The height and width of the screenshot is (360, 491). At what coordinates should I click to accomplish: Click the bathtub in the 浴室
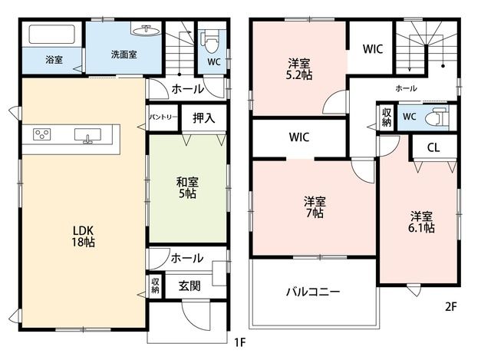tap(52, 35)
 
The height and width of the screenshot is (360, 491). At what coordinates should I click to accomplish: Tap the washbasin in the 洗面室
tap(146, 30)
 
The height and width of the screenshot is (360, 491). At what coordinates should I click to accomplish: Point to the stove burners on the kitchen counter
tap(42, 134)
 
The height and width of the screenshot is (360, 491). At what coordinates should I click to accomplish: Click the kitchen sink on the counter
tap(87, 135)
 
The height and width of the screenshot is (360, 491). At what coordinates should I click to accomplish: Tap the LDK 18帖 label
tap(84, 236)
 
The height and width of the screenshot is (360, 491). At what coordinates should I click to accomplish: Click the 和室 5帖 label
tap(187, 188)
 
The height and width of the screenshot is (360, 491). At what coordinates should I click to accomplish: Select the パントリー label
tap(163, 117)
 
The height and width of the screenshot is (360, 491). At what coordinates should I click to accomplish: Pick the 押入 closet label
tap(204, 117)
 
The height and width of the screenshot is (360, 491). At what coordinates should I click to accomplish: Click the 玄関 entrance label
tap(189, 286)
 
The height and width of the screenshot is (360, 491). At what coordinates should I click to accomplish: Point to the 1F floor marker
tap(240, 342)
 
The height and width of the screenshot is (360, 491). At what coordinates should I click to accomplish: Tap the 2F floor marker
tap(451, 306)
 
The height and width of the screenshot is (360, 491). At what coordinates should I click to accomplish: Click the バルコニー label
tap(313, 292)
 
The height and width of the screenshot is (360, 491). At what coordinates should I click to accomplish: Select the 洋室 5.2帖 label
tap(299, 69)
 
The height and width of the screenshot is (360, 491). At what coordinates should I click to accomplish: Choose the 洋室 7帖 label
tap(315, 206)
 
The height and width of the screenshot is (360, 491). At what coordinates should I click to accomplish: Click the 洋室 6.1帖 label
tap(421, 222)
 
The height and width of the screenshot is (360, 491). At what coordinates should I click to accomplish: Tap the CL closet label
tap(433, 147)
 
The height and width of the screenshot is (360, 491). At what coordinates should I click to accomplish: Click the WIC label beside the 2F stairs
tap(373, 49)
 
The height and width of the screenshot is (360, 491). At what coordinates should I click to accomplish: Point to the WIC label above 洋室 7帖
tap(299, 137)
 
